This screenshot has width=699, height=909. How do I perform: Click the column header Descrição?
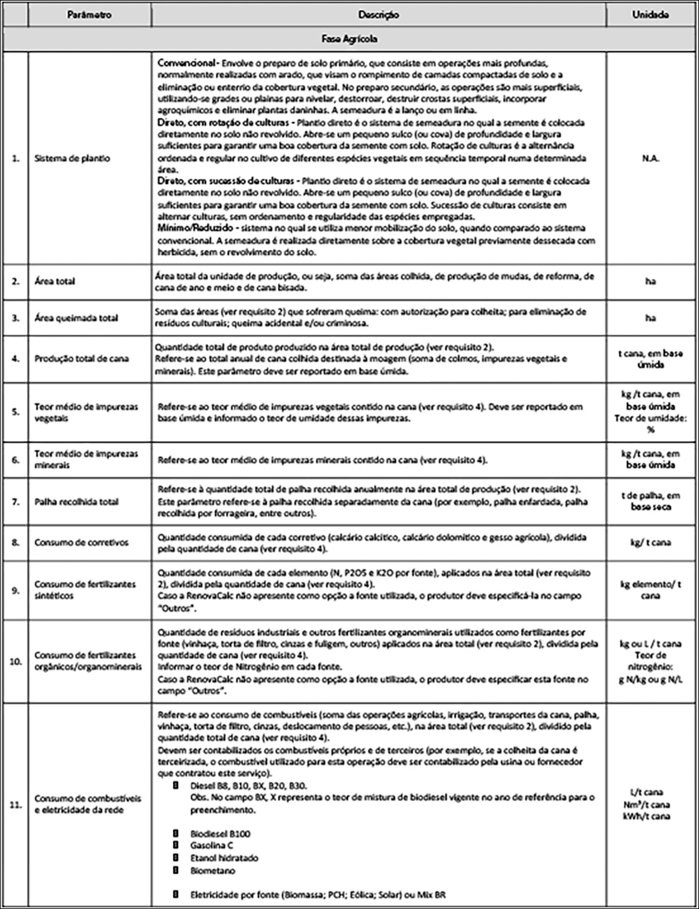pyautogui.click(x=378, y=14)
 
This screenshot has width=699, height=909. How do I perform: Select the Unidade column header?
pyautogui.click(x=651, y=14)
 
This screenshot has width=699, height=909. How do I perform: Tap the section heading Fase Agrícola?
pyautogui.click(x=349, y=39)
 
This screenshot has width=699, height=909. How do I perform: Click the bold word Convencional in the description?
pyautogui.click(x=184, y=64)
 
